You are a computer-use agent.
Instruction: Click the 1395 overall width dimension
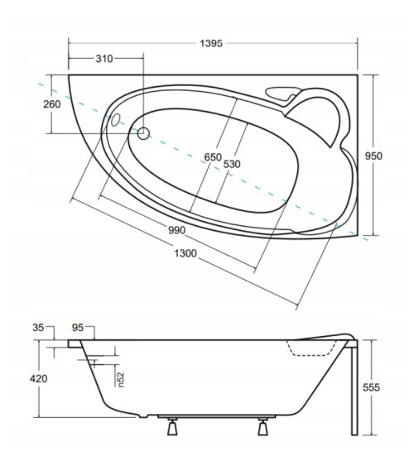212,41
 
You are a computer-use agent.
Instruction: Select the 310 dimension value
103,59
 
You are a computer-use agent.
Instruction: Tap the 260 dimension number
51,104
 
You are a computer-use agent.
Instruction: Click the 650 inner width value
213,157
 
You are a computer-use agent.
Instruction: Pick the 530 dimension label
232,164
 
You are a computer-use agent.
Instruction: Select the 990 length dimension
176,229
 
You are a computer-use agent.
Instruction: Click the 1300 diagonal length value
185,253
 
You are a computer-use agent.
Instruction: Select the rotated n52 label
119,378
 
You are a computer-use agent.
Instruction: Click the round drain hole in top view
143,132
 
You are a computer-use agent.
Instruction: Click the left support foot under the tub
173,427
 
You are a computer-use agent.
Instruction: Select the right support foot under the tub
264,427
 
